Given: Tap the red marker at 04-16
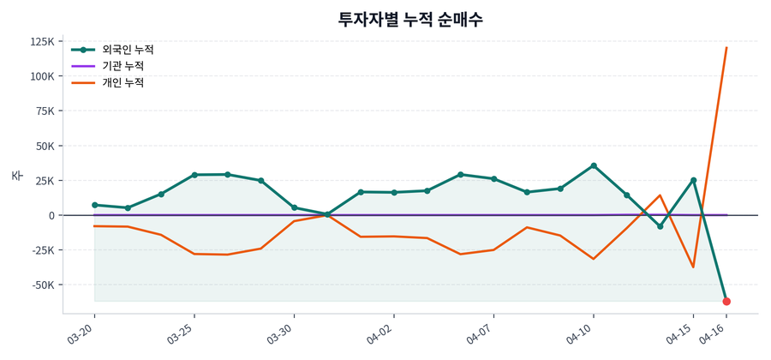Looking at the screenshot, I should pyautogui.click(x=726, y=302).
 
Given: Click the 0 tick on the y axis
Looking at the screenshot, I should pyautogui.click(x=51, y=215).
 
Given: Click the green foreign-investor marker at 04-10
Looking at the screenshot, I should pyautogui.click(x=594, y=166).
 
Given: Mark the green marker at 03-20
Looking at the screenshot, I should pyautogui.click(x=94, y=205).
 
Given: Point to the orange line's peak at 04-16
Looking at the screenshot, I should pyautogui.click(x=726, y=48).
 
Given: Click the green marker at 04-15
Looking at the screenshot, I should pyautogui.click(x=693, y=180).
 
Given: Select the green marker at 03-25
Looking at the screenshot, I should pyautogui.click(x=194, y=175).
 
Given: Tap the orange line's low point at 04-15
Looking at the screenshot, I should pyautogui.click(x=693, y=267).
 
